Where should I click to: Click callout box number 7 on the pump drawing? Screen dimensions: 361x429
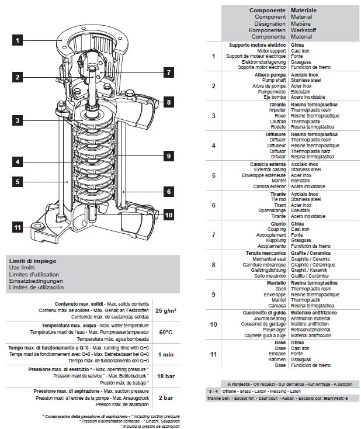pyautogui.click(x=169, y=72)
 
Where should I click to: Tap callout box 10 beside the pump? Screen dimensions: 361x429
pyautogui.click(x=169, y=215)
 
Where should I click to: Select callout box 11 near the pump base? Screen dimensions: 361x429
pyautogui.click(x=18, y=227)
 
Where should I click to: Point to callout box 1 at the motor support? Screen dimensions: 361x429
pyautogui.click(x=18, y=40)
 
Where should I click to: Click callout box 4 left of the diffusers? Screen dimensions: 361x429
pyautogui.click(x=18, y=162)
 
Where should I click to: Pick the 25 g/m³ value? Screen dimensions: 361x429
pyautogui.click(x=166, y=310)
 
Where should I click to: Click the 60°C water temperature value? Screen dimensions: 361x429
pyautogui.click(x=166, y=332)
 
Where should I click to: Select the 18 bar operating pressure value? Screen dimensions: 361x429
pyautogui.click(x=166, y=376)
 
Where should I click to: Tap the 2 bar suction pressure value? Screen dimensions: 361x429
pyautogui.click(x=166, y=398)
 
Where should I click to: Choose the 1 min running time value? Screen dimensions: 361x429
pyautogui.click(x=166, y=355)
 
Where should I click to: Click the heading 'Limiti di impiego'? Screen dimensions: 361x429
pyautogui.click(x=33, y=261)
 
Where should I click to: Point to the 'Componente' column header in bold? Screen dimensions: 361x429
pyautogui.click(x=267, y=11)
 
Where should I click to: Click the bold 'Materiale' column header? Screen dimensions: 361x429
pyautogui.click(x=304, y=11)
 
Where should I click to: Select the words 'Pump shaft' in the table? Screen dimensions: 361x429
pyautogui.click(x=274, y=80)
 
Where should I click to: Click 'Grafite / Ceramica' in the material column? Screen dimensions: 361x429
pyautogui.click(x=310, y=253)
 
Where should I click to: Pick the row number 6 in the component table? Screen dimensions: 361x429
pyautogui.click(x=214, y=205)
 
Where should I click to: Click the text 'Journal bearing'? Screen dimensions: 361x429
pyautogui.click(x=270, y=319)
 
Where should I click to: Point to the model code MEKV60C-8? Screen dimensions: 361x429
pyautogui.click(x=335, y=398)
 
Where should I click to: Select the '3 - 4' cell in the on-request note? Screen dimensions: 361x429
pyautogui.click(x=213, y=391)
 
